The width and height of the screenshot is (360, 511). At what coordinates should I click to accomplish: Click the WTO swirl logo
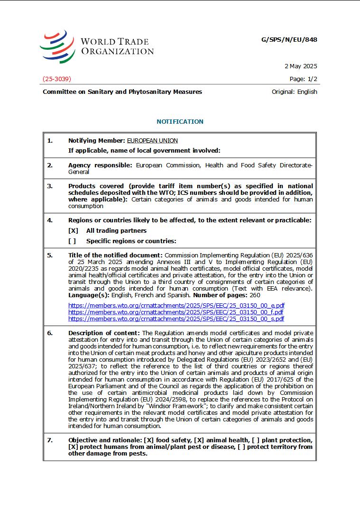(57, 46)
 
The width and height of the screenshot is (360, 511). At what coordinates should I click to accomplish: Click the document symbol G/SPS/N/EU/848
(289, 40)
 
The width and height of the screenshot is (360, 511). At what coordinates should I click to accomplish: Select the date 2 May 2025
(301, 66)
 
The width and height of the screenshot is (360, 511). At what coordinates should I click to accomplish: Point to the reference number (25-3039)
(57, 79)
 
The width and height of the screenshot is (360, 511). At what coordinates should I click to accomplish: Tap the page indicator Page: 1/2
(303, 79)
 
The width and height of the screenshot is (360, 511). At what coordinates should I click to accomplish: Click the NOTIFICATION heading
(180, 122)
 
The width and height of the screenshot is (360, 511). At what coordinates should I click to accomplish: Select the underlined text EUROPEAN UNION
(152, 141)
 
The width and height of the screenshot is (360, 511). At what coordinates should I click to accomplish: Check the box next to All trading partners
(73, 231)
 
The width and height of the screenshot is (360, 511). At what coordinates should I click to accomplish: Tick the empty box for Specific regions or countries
(72, 241)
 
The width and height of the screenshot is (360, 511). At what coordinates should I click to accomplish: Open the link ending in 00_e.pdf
(176, 306)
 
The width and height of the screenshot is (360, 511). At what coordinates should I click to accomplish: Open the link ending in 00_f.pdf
(175, 312)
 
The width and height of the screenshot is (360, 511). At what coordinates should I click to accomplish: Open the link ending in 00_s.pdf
(176, 319)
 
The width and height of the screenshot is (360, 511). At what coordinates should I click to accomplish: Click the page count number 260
(255, 295)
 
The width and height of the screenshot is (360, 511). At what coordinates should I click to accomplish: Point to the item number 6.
(50, 333)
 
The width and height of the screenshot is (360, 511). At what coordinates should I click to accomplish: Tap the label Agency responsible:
(100, 165)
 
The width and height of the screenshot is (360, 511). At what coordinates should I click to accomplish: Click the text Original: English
(294, 92)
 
